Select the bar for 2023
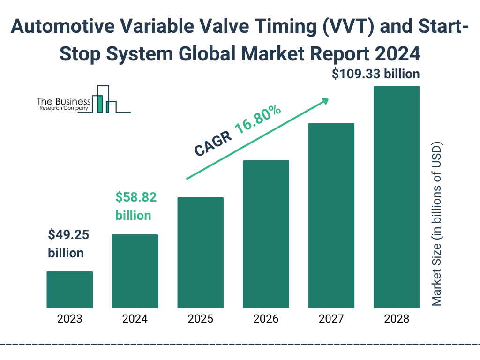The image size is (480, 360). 69,290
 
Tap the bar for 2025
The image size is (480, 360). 200,253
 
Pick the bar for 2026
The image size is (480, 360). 266,234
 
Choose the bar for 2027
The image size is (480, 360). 331,216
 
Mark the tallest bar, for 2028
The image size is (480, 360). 397,197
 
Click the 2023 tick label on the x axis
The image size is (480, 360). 69,319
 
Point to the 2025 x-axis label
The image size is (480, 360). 200,319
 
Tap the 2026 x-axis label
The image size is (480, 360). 266,319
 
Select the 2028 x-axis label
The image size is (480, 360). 397,319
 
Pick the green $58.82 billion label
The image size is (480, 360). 136,206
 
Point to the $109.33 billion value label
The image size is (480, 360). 375,74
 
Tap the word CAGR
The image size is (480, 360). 212,143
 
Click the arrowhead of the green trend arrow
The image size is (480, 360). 325,100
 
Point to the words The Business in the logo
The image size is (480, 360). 64,101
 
